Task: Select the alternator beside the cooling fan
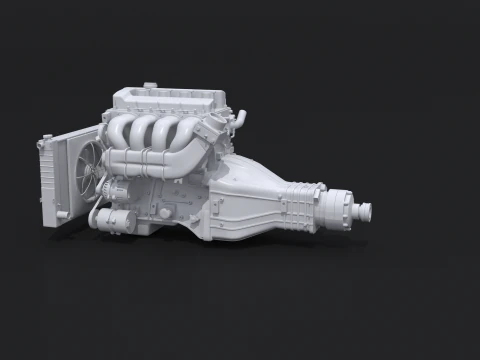click(x=113, y=191)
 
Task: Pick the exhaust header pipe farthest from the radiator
click(x=189, y=131)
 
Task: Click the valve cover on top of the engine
click(x=170, y=100)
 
